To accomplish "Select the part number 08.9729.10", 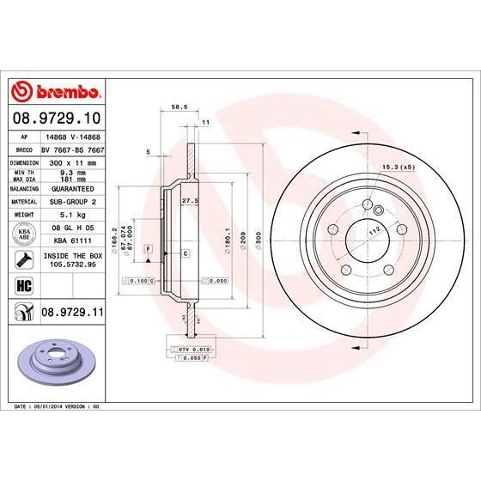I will click(x=57, y=116).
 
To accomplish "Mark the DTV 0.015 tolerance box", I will click(x=194, y=350).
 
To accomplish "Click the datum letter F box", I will click(x=149, y=249).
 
